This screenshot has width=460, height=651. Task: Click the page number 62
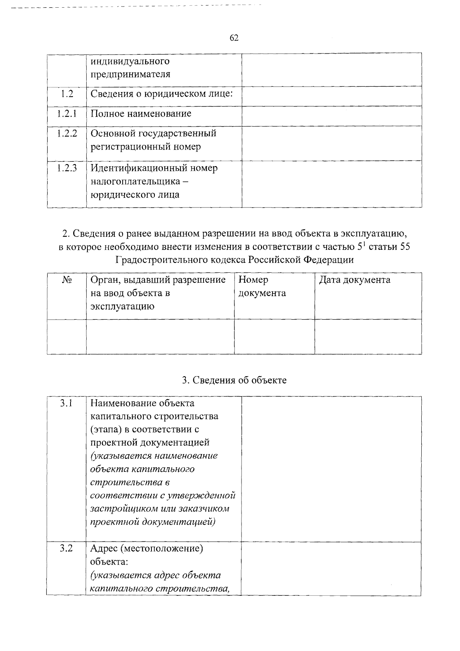point(234,38)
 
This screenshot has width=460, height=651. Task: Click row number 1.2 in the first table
point(67,93)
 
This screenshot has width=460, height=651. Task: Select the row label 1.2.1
point(67,114)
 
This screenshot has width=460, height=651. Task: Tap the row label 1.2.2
point(67,133)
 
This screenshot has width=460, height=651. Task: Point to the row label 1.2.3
point(67,168)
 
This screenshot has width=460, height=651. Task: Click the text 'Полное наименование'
point(141,114)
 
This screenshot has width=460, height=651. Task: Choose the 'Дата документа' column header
point(355,280)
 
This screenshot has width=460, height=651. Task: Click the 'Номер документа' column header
point(262,287)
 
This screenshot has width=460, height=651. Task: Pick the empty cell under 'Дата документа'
point(368,336)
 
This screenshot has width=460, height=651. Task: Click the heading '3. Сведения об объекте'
point(234,380)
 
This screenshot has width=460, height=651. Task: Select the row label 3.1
point(67,403)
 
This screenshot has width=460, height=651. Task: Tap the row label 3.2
point(67,549)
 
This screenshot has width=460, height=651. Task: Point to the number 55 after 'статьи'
point(405,247)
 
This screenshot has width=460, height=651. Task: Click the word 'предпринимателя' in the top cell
point(130,74)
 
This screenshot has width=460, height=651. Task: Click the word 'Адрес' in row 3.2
point(103,549)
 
